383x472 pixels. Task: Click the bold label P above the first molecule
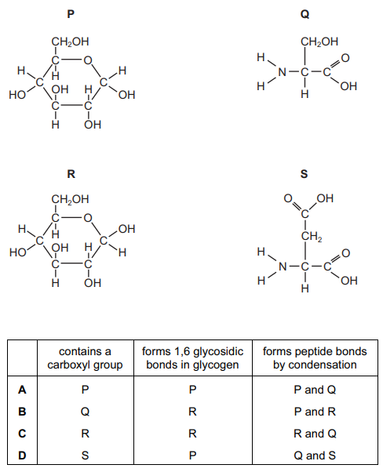tap(71, 14)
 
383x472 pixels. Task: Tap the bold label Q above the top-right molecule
tap(305, 14)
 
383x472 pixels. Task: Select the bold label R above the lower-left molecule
tap(71, 174)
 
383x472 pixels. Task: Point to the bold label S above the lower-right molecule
tap(305, 174)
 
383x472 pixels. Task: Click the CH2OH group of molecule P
tap(70, 42)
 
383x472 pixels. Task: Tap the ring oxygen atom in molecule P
tap(88, 60)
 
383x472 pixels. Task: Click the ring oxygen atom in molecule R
tap(88, 218)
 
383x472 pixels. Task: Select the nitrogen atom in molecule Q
tap(282, 72)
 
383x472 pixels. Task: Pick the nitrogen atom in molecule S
tap(283, 267)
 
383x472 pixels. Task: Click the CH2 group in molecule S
tap(312, 237)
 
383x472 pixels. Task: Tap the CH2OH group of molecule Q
tap(319, 42)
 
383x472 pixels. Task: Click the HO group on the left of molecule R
tap(17, 252)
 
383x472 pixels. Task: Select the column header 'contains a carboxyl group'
tap(85, 358)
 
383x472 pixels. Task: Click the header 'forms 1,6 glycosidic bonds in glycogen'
tap(192, 358)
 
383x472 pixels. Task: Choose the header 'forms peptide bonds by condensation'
tap(315, 358)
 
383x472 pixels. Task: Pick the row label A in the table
tap(22, 390)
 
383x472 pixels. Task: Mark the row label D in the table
tap(22, 456)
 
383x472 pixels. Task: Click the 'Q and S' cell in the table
tap(315, 456)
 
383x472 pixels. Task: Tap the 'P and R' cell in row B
tap(315, 412)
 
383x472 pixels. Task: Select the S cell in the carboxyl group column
tap(85, 456)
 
